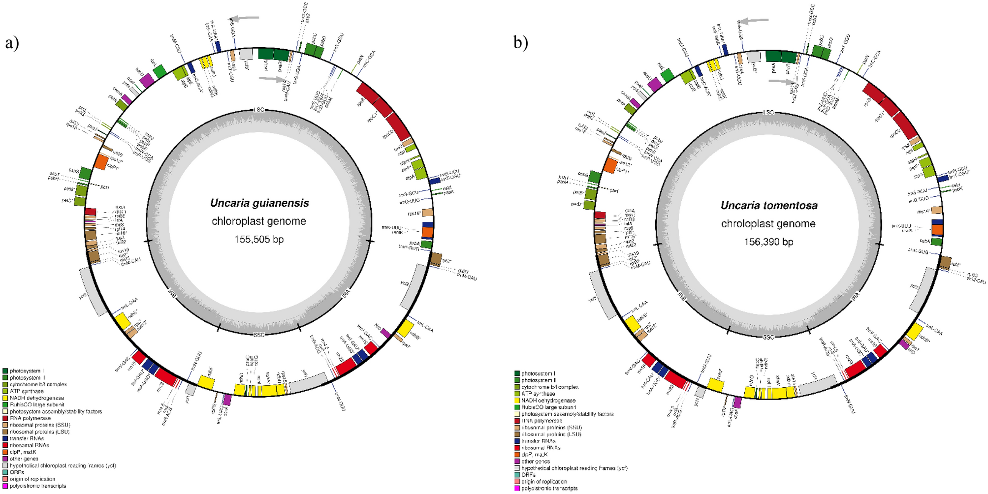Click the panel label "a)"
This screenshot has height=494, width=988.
[x=12, y=43]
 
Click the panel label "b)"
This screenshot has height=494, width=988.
[x=521, y=43]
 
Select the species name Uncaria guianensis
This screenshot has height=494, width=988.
[x=259, y=203]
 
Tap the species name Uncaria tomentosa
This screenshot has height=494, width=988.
[x=769, y=206]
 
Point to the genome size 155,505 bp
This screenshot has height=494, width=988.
[x=259, y=240]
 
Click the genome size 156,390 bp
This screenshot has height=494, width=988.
[x=768, y=242]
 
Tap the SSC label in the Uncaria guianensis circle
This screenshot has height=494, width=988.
[x=259, y=335]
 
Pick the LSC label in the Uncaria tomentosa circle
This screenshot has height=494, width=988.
[x=768, y=113]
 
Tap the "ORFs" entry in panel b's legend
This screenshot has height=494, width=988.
[x=530, y=475]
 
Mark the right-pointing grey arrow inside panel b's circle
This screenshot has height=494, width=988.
[x=782, y=82]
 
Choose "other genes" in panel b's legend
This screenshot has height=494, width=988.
[x=536, y=462]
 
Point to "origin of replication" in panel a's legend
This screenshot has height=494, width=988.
[x=32, y=479]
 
